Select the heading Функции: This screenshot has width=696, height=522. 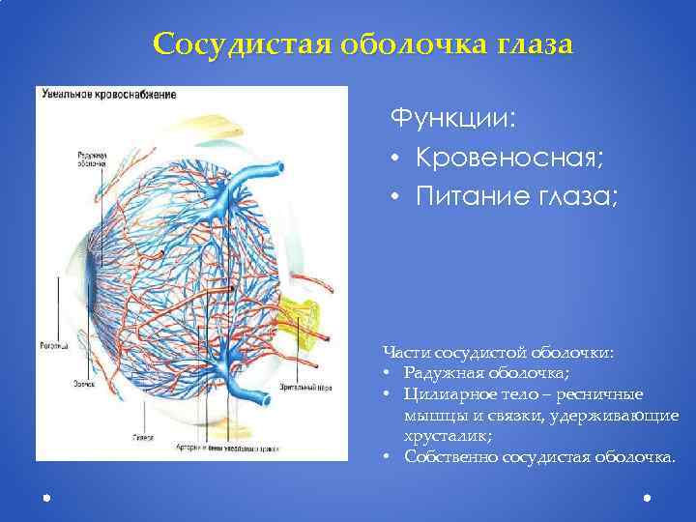pos(452,119)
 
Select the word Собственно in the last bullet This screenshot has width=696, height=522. pos(448,456)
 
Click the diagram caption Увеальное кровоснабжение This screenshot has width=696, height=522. pos(106,94)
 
